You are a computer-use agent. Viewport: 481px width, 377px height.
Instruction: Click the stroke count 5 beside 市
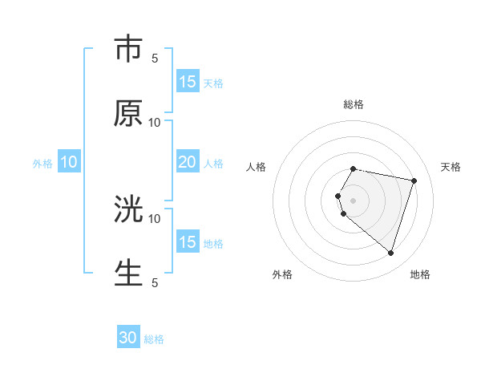[155, 59]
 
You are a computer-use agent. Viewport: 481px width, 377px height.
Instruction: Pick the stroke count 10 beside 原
[155, 123]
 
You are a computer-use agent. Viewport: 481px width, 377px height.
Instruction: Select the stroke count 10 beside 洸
[155, 218]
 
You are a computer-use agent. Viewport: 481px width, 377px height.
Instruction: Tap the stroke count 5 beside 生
[155, 282]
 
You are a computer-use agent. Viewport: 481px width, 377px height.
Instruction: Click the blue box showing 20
[188, 162]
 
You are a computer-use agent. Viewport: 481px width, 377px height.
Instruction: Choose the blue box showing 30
[128, 338]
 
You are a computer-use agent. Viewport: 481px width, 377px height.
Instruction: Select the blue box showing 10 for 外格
[69, 162]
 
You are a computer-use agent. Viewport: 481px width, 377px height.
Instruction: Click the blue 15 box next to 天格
[188, 82]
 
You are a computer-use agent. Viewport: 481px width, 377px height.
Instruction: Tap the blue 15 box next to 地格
[188, 242]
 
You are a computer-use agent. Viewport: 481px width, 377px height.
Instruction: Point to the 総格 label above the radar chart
[354, 104]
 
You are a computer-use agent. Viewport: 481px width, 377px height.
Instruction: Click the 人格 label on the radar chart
[257, 167]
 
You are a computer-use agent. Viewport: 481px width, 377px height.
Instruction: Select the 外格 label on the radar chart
[282, 274]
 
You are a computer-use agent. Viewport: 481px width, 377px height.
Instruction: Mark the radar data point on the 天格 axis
[414, 180]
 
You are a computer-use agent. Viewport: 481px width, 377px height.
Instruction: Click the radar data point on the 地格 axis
[390, 253]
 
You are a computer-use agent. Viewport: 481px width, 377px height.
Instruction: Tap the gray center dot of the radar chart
[354, 201]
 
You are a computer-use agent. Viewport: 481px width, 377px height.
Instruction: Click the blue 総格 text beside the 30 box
[154, 339]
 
